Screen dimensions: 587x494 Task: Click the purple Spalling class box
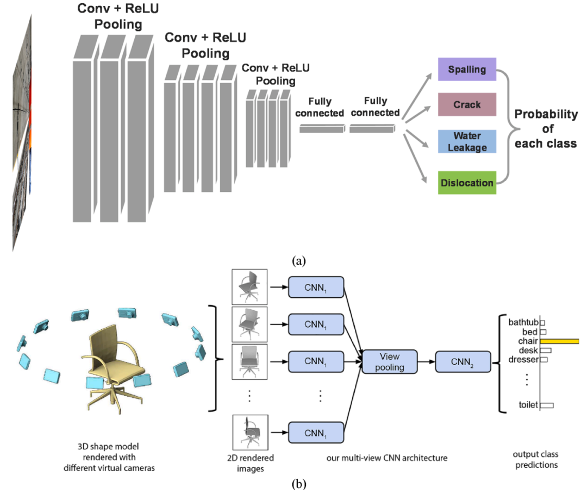coord(467,69)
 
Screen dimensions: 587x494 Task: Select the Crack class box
coord(467,104)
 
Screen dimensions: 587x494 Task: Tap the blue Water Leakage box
coord(467,141)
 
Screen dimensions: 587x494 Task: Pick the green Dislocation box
coord(467,183)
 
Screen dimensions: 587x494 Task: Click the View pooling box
coord(389,362)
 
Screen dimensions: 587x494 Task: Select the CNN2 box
coord(463,362)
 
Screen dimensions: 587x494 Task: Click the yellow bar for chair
coord(559,341)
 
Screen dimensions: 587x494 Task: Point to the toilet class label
coord(528,404)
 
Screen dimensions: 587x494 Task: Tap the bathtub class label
coord(523,322)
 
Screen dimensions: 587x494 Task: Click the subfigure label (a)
coord(299,260)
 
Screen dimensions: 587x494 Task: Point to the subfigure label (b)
coord(299,484)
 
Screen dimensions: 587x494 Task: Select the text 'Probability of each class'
coord(546,129)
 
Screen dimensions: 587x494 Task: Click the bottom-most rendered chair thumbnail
coord(250,432)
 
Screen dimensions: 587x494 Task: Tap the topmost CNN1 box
coord(316,287)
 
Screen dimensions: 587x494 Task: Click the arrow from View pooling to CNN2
coord(426,362)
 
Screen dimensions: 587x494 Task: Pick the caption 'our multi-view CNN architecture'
coord(387,458)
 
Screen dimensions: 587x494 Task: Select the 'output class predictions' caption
coord(536,460)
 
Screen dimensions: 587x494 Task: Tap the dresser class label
coord(523,360)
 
